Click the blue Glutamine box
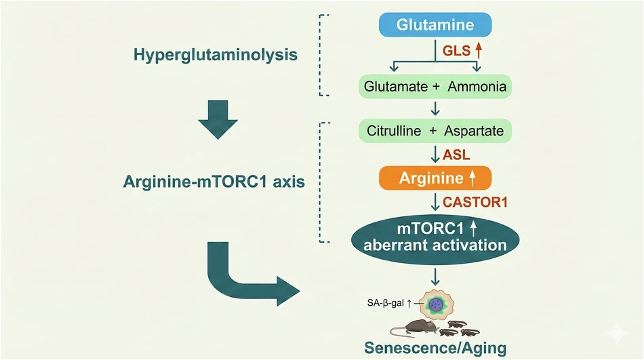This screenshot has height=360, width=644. [x=435, y=24]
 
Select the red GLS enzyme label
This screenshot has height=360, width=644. [x=456, y=51]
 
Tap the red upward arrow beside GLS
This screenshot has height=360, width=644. [x=478, y=51]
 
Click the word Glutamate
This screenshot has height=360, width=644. [x=396, y=87]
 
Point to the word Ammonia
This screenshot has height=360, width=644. [x=477, y=87]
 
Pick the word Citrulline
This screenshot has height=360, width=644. [x=394, y=131]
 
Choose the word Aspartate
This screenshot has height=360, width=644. [x=474, y=131]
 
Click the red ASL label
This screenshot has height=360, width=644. [x=456, y=155]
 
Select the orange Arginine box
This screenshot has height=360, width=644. [x=435, y=178]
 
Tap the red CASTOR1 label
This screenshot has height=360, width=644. [x=475, y=202]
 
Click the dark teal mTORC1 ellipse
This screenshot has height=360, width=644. [x=435, y=239]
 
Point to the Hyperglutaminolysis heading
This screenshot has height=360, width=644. [x=216, y=55]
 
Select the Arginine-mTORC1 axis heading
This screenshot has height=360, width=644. [x=214, y=182]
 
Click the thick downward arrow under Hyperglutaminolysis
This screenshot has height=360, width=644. [x=218, y=119]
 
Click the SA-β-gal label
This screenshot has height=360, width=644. [x=386, y=303]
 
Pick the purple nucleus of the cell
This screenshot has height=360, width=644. [x=435, y=304]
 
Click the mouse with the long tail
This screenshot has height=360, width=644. [x=414, y=328]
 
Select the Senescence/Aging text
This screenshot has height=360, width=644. [x=435, y=348]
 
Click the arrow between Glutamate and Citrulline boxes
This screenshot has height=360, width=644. [x=435, y=108]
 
